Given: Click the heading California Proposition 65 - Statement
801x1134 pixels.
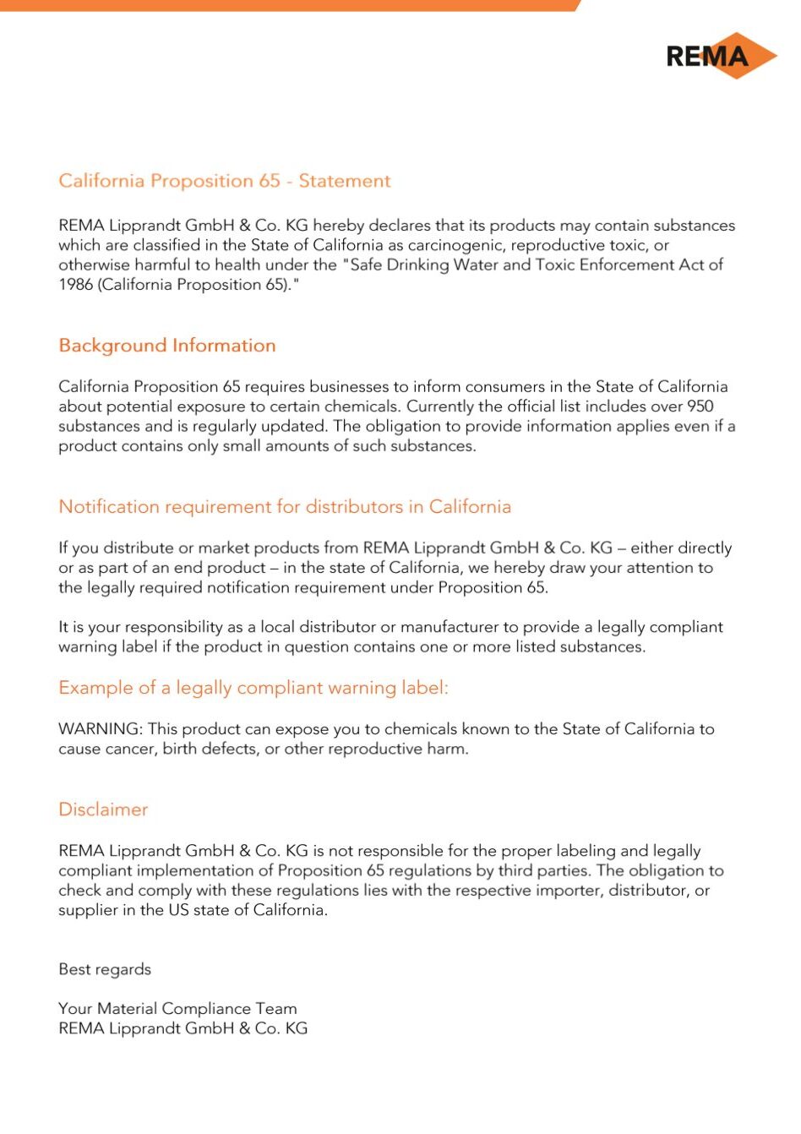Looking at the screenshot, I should click(224, 181).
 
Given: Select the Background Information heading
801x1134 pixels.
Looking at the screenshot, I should click(167, 346).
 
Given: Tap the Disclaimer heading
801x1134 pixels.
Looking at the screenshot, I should click(103, 810).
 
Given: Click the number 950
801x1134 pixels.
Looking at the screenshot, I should click(700, 406).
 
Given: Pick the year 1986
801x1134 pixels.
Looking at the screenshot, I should click(76, 285).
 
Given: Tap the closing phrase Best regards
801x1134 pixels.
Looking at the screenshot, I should click(105, 969).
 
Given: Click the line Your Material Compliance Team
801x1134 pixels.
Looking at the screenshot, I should click(177, 1008).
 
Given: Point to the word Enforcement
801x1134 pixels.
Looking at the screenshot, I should click(618, 264).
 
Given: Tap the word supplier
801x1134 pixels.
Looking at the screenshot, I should click(87, 910).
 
